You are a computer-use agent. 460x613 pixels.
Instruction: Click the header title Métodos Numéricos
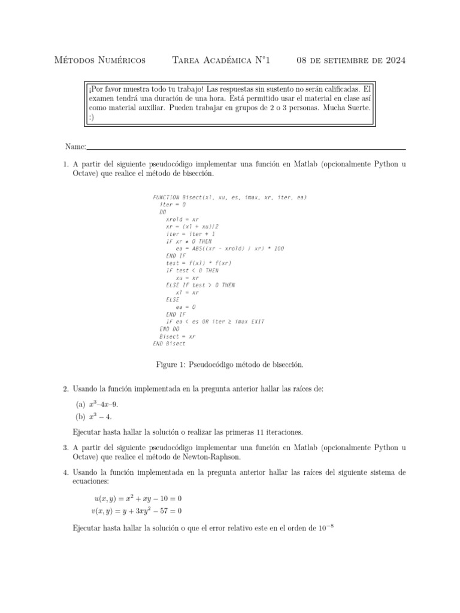tap(99, 60)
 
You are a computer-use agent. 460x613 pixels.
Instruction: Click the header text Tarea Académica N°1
tap(220, 60)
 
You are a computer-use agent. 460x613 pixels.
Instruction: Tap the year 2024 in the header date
tap(393, 60)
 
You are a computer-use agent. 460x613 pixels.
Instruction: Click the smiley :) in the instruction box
tap(92, 117)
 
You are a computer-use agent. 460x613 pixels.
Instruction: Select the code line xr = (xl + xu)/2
tap(192, 227)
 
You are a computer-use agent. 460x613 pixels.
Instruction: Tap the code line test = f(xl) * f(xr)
tap(198, 263)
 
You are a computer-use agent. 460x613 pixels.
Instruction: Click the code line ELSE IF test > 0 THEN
tap(200, 286)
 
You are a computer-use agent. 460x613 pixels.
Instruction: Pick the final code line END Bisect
tap(170, 344)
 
